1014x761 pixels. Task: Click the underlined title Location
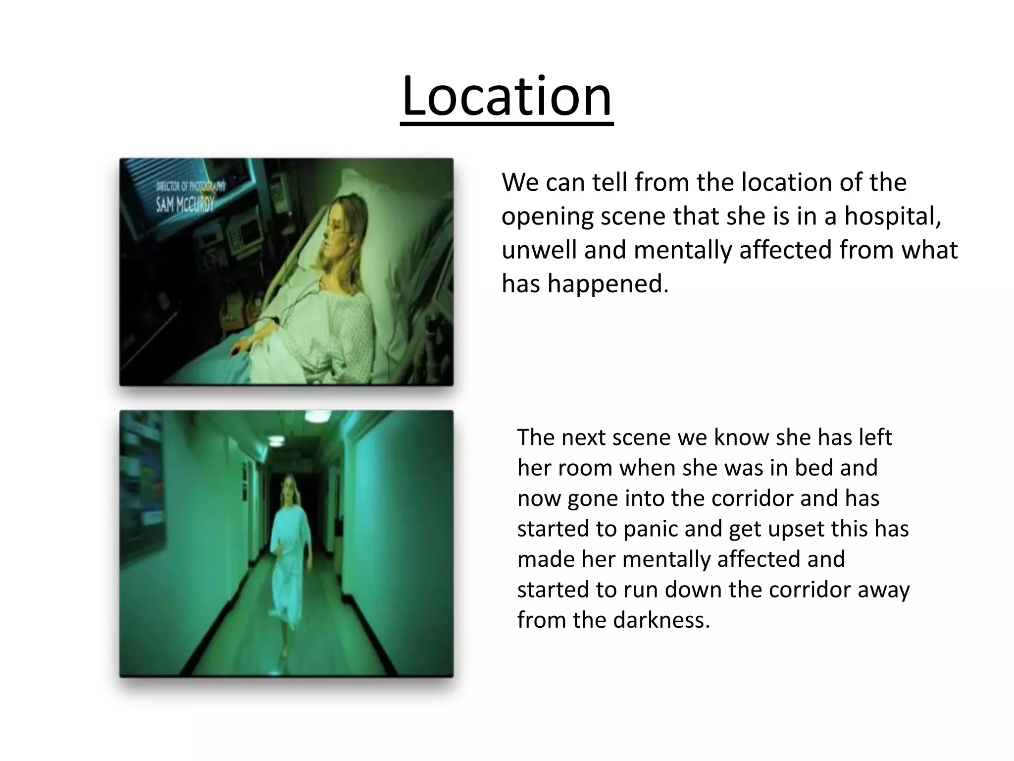point(507,96)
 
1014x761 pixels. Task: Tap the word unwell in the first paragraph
point(539,250)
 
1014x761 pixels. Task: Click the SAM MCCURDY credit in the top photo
point(185,204)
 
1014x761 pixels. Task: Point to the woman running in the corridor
point(290,545)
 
